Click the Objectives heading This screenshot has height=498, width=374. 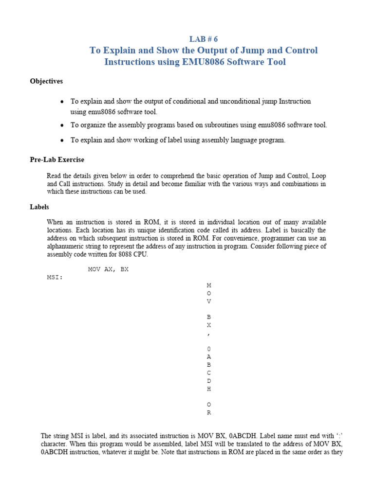46,81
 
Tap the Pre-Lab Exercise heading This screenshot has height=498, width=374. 57,160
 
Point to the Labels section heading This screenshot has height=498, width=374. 39,207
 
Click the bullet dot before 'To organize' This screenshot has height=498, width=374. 62,125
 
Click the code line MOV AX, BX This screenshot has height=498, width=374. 108,269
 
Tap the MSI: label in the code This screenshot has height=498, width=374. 55,277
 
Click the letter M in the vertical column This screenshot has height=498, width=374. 209,285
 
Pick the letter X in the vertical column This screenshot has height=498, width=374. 209,325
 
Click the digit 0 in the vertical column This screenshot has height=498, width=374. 209,349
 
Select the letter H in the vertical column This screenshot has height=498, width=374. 209,389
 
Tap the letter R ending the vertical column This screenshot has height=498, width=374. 209,413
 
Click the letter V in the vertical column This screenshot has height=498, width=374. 209,301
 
